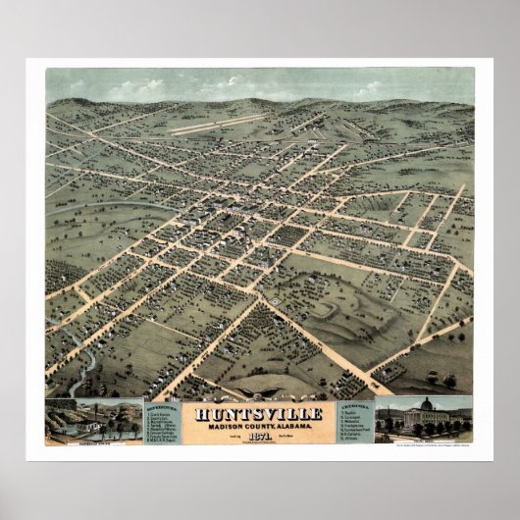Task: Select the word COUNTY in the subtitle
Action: (257, 424)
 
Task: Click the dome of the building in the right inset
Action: (425, 404)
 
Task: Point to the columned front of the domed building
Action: (425, 419)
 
